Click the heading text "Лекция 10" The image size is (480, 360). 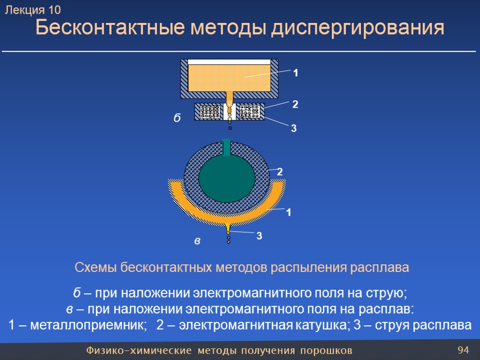[x=33, y=10]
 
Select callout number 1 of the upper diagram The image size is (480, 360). [x=296, y=74]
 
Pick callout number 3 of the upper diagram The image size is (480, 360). [x=294, y=128]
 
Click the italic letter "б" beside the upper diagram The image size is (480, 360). [x=177, y=118]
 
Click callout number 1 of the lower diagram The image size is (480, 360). [x=289, y=213]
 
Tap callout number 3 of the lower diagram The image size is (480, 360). [x=259, y=237]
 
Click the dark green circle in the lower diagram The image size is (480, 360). [x=227, y=178]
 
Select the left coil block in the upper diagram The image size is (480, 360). [x=210, y=112]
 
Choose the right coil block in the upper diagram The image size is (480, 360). [x=249, y=112]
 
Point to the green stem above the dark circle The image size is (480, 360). [x=227, y=147]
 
